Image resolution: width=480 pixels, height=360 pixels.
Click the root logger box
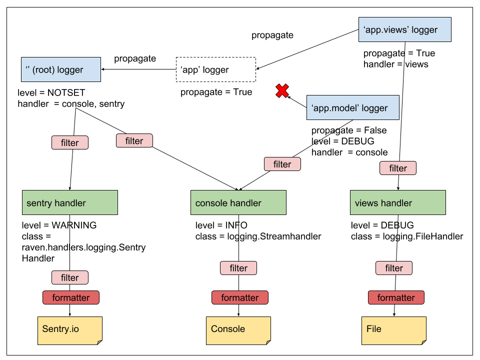[x=61, y=69]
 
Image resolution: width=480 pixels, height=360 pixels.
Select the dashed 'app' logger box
[x=215, y=69]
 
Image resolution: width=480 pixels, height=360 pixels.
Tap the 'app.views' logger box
[x=405, y=29]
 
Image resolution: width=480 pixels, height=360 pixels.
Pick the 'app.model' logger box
[x=352, y=107]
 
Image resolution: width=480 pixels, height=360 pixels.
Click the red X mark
[x=282, y=91]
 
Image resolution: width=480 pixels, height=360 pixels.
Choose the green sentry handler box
[x=69, y=202]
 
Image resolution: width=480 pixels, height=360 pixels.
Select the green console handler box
[x=238, y=202]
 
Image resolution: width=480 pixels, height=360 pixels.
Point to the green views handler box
[x=397, y=202]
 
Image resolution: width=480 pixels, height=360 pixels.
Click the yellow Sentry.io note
[x=69, y=329]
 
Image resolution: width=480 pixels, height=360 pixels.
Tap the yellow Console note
[x=238, y=329]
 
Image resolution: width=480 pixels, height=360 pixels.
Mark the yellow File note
[x=394, y=329]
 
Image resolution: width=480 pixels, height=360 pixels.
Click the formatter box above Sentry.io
[x=70, y=297]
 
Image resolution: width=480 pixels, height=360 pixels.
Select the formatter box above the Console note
[x=239, y=297]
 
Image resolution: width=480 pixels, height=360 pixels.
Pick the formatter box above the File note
[x=396, y=297]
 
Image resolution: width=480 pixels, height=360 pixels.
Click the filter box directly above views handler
[x=397, y=168]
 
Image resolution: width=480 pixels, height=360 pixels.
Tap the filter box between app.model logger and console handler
[x=282, y=164]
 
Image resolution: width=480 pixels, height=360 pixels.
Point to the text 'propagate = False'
[x=349, y=130]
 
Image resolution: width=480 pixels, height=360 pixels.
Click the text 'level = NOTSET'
[x=51, y=92]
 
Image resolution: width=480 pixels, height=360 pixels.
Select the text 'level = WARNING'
[x=59, y=225]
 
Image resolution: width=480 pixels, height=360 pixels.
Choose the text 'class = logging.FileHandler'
[x=407, y=236]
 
